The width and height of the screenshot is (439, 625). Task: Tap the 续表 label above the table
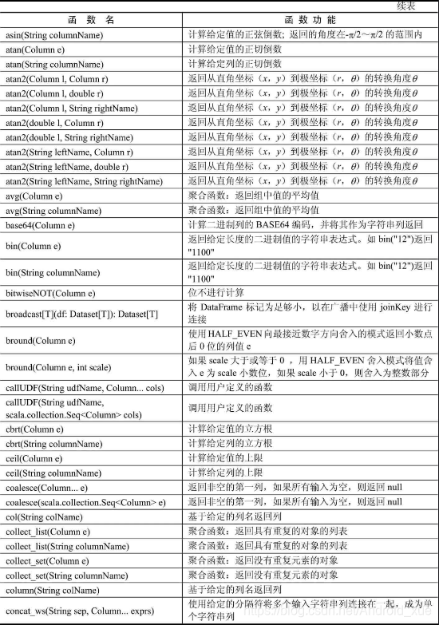click(x=417, y=6)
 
